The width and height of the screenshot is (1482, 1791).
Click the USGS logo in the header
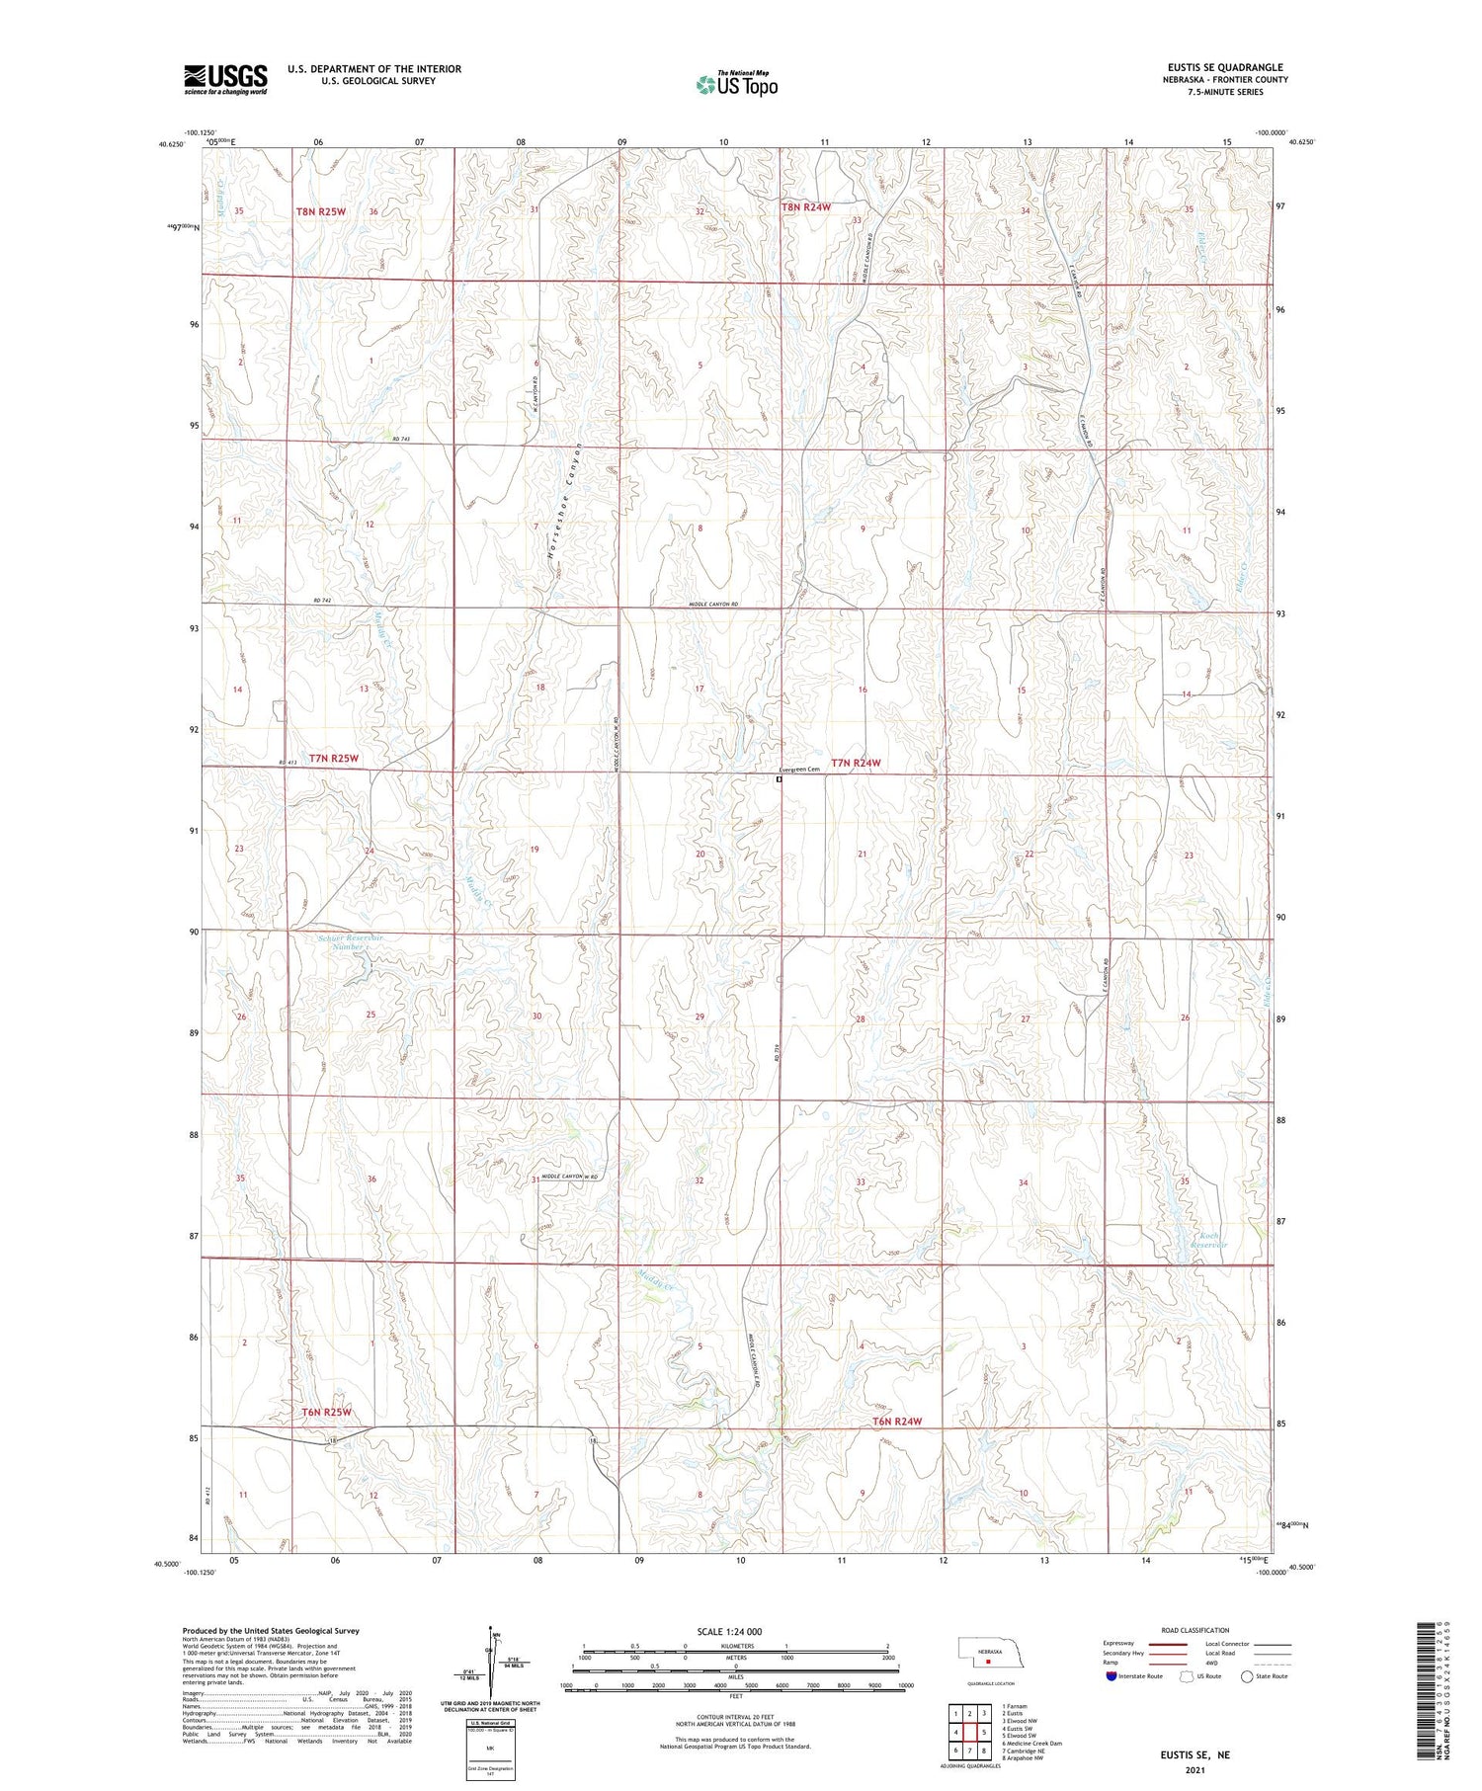point(225,79)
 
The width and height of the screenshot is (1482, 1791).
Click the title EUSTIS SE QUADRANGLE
point(1226,68)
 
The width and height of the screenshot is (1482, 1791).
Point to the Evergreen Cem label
point(799,770)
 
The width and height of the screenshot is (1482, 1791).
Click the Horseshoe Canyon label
point(563,501)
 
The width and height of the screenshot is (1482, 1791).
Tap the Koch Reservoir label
point(1208,1241)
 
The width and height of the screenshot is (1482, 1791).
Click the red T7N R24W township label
point(855,764)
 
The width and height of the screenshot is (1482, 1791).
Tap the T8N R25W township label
point(321,211)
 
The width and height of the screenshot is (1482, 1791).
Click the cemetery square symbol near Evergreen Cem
point(779,779)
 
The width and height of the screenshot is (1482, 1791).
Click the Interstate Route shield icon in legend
point(1111,1676)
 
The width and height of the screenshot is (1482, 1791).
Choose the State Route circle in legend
point(1247,1676)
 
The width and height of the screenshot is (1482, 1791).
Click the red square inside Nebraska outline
point(987,1661)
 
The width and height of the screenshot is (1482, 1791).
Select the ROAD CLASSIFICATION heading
point(1194,1630)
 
